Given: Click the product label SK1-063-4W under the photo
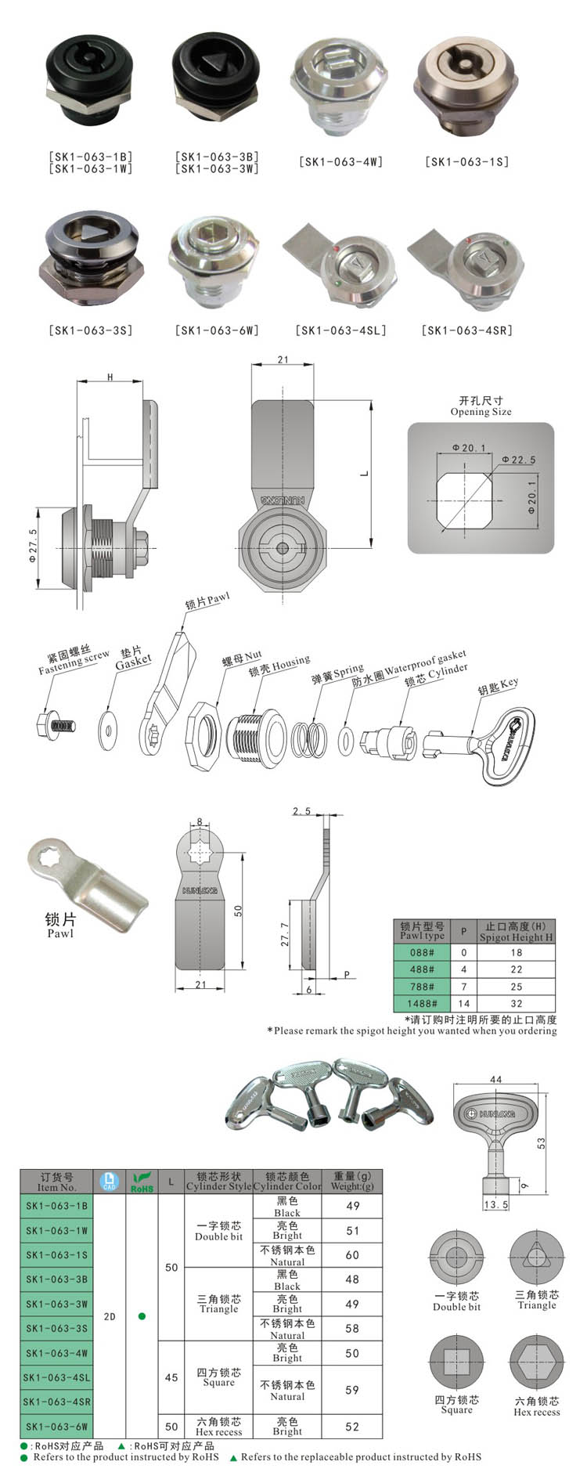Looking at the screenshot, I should point(340,162).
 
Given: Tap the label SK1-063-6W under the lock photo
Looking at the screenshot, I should point(217,330).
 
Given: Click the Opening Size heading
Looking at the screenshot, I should point(481,406).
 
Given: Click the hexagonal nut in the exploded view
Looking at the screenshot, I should point(201,737).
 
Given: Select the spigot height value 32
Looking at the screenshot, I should point(516,1003).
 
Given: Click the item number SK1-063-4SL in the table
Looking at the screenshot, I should point(56,1377).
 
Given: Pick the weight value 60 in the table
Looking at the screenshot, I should point(352,1254).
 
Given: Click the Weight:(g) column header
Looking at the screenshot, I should point(352,1181).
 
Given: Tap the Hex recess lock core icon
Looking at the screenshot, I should point(536,1362).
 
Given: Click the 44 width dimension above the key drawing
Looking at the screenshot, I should point(495,1080).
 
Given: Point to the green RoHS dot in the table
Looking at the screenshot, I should point(142,1316).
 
